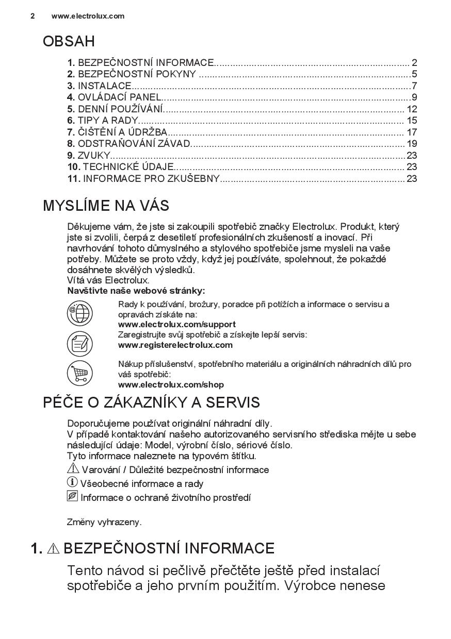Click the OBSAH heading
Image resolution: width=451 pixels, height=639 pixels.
69,41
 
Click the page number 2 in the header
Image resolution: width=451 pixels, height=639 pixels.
33,16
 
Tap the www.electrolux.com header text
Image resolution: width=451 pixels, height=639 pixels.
88,16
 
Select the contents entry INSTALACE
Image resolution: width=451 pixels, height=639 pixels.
105,86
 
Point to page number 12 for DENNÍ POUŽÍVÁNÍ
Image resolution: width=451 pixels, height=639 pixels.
411,109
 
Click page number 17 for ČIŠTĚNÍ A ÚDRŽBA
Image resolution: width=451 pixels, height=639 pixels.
411,132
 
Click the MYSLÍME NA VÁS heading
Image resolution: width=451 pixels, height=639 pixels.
106,206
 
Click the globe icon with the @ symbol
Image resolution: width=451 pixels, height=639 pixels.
79,313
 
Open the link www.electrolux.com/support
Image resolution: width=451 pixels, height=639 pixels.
176,324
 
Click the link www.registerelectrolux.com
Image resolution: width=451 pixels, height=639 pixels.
175,345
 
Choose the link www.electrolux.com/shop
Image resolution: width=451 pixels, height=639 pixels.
171,384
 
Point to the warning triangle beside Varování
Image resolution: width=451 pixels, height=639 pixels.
73,469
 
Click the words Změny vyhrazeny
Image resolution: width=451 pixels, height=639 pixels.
104,522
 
